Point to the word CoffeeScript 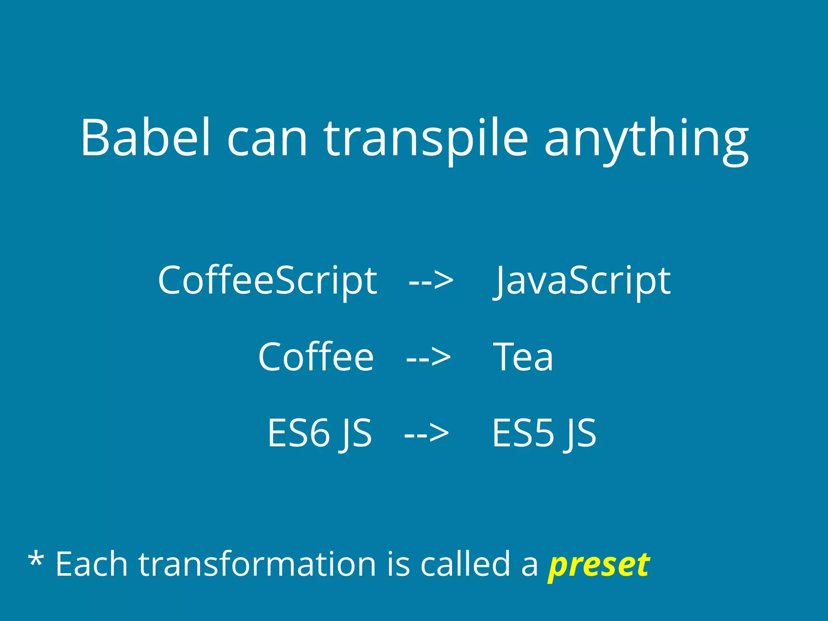pyautogui.click(x=267, y=280)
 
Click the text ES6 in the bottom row pyautogui.click(x=299, y=433)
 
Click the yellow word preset pyautogui.click(x=599, y=565)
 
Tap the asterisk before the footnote pyautogui.click(x=36, y=560)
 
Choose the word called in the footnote pyautogui.click(x=465, y=564)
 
